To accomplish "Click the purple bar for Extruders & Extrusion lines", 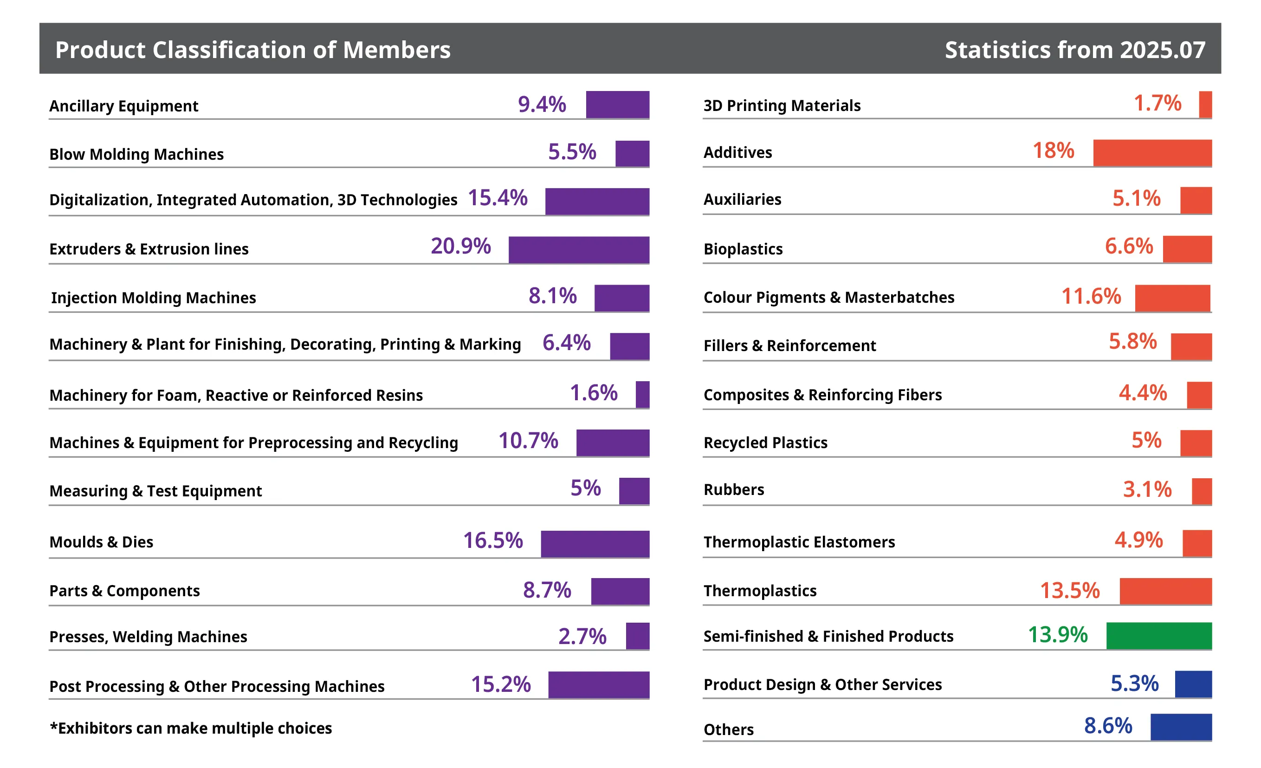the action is tap(579, 250).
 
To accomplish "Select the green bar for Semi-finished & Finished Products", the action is tap(1159, 636).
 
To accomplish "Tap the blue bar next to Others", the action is tap(1182, 727).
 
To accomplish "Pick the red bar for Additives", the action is tap(1152, 153).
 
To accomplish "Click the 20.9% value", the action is tap(460, 246).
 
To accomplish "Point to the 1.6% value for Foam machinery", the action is tap(594, 393).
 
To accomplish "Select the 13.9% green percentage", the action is tap(1058, 635).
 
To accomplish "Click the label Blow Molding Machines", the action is tap(136, 154).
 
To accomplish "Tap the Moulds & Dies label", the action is tap(101, 542).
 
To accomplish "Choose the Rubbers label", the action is tap(734, 489).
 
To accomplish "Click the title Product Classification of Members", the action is tap(253, 50).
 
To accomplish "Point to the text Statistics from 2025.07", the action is tap(1075, 50).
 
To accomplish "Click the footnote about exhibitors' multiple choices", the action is tap(191, 728).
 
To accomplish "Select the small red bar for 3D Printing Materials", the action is tap(1206, 104).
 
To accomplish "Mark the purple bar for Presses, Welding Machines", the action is tap(638, 636).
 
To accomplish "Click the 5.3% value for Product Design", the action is tap(1135, 683).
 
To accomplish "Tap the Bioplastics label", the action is tap(743, 249).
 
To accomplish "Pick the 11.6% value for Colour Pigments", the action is tap(1091, 296).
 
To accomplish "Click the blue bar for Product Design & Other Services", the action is tap(1193, 684).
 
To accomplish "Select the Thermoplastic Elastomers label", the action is tap(799, 542).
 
